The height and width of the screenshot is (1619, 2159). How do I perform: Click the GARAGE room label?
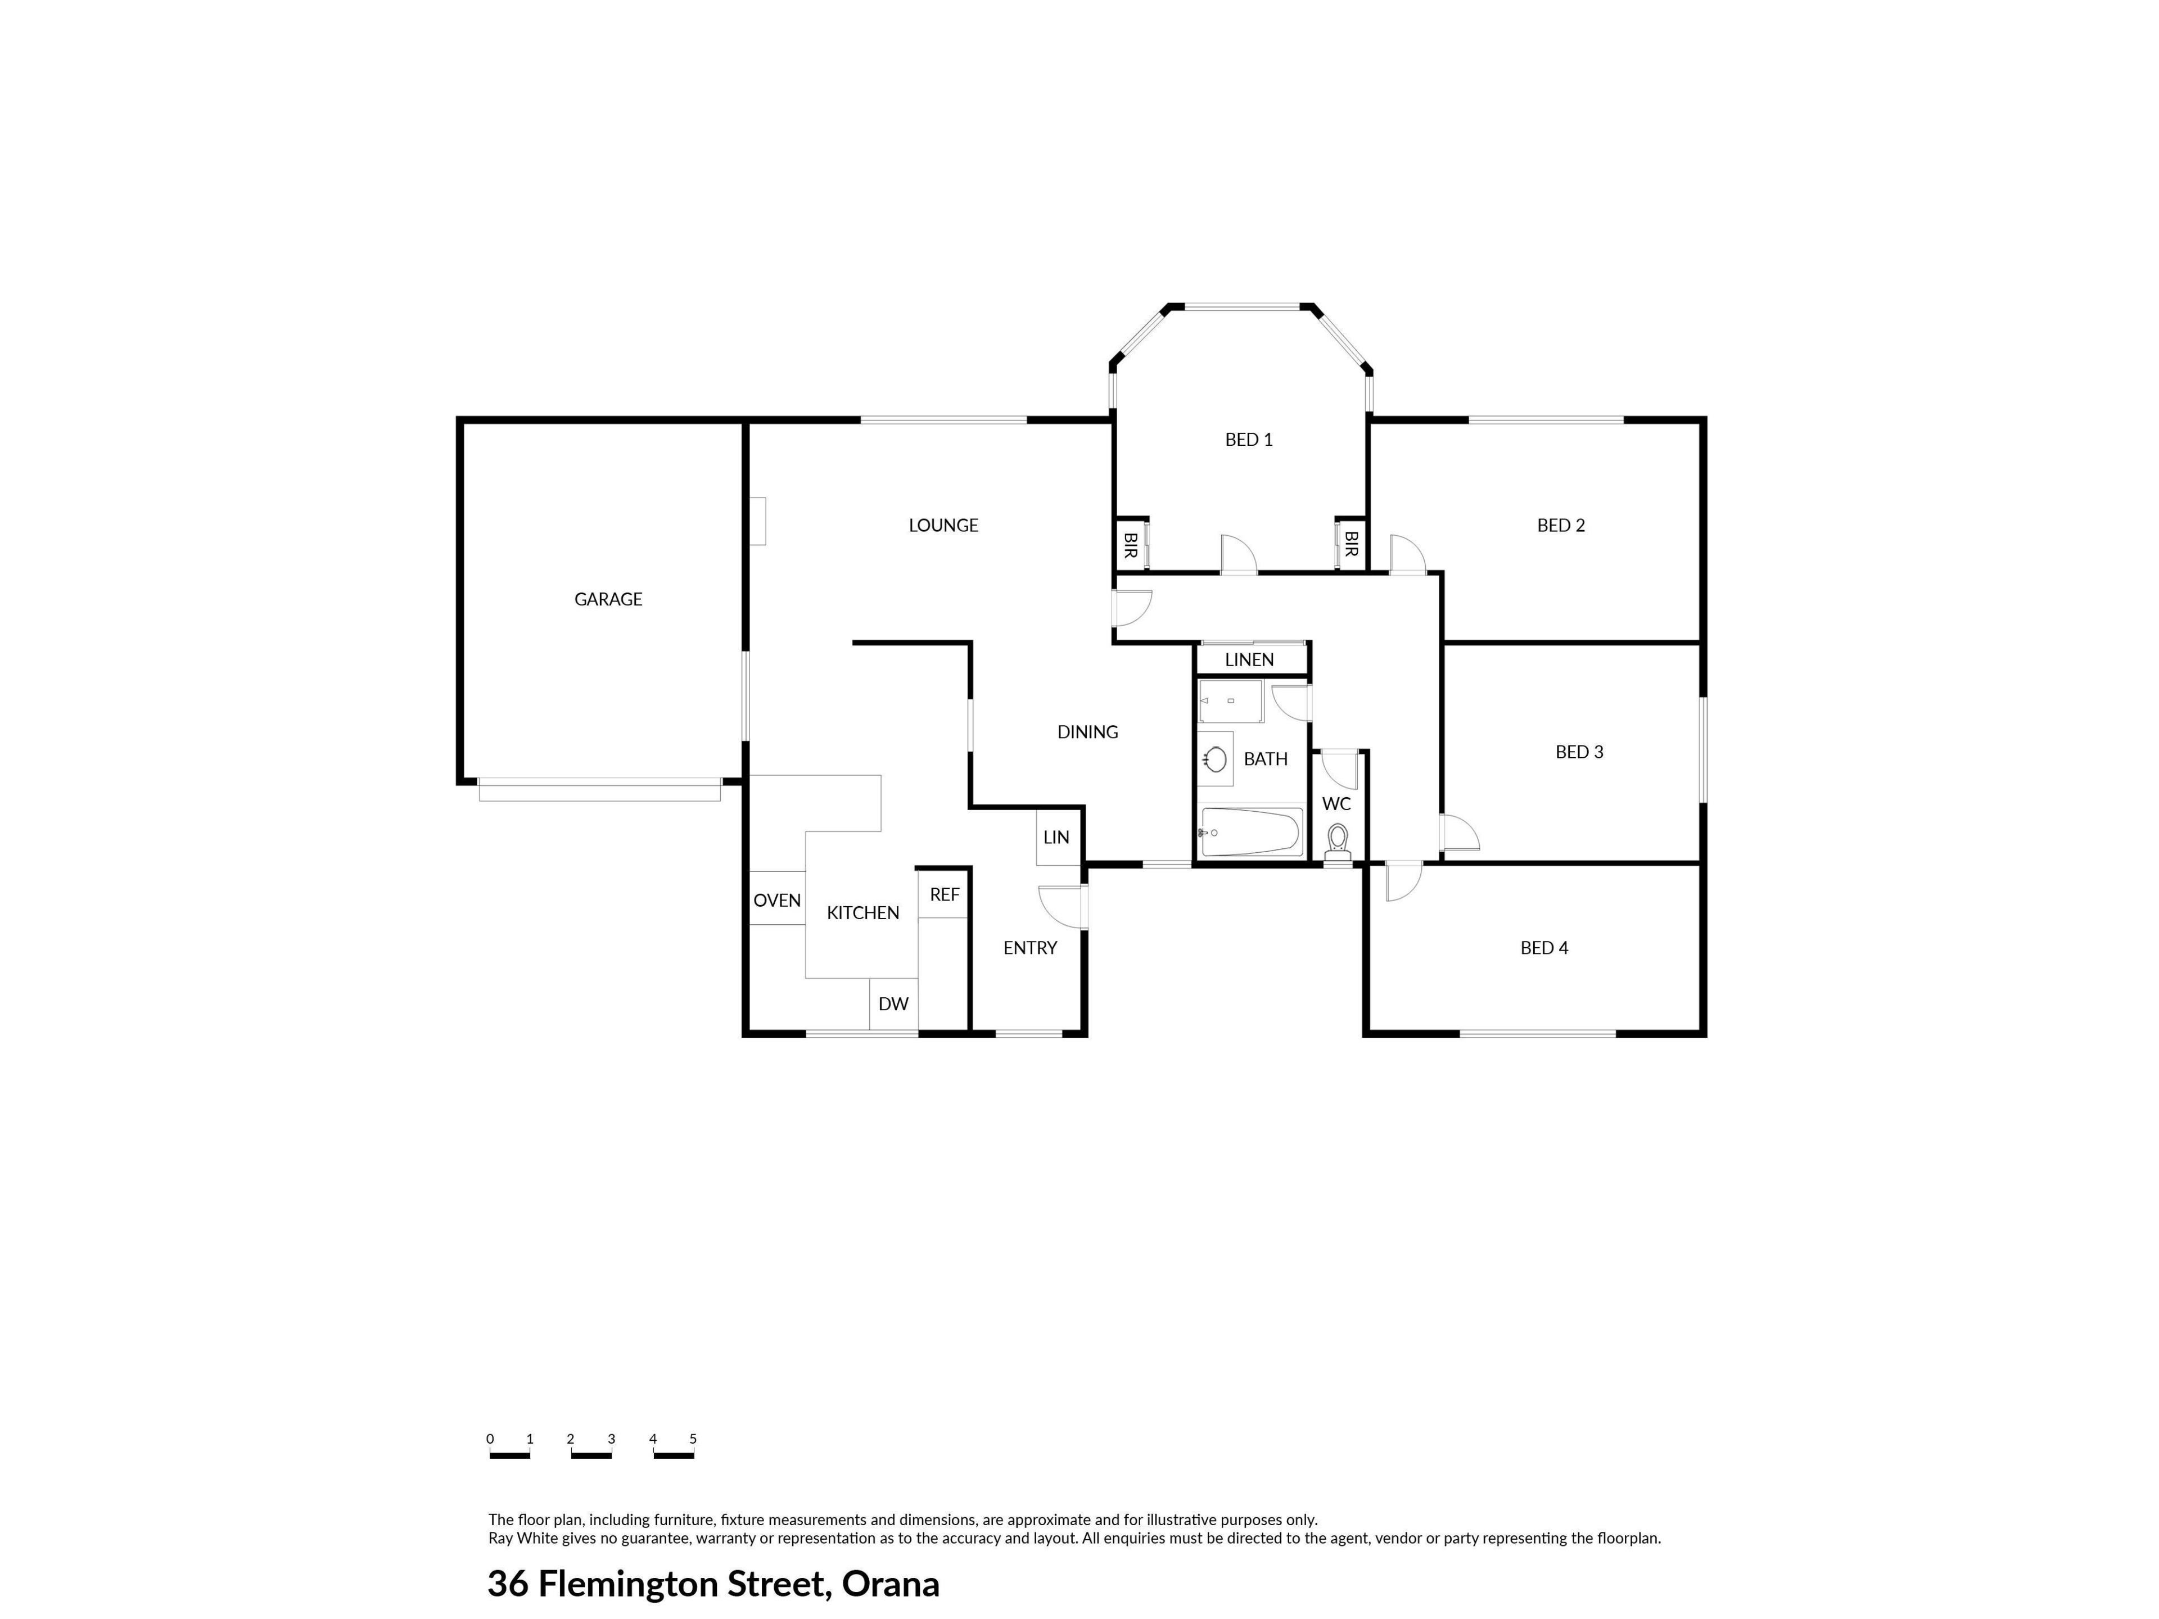608,599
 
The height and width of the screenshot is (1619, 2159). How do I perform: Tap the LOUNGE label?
943,525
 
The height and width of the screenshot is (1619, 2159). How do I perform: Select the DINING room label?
1087,732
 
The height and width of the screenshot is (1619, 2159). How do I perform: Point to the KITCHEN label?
863,912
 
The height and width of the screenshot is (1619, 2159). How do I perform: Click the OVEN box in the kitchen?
777,898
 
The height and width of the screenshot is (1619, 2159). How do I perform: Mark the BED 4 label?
1544,948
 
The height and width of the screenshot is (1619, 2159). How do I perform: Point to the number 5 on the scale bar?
693,1439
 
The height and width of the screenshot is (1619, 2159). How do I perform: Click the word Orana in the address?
890,1584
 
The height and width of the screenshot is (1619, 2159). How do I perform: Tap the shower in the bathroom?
1231,702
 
